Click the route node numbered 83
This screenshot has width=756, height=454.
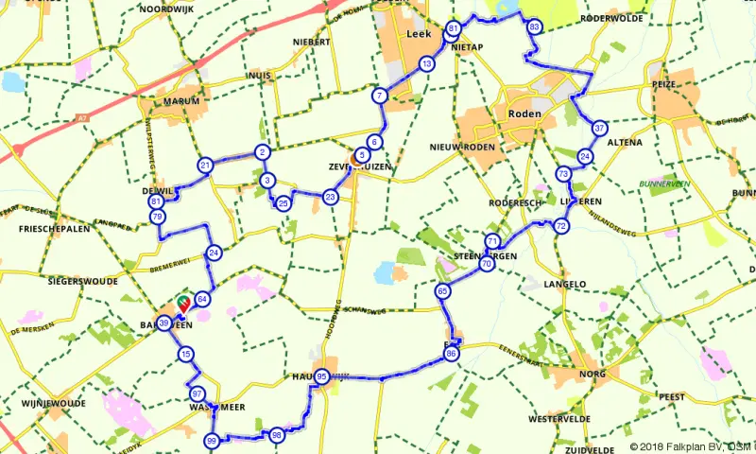535,26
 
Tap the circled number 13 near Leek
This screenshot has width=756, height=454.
427,63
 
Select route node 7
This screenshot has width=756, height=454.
379,95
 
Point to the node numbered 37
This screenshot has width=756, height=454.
599,128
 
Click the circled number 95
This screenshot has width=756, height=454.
323,376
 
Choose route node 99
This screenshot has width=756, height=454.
212,441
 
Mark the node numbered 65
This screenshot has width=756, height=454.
442,292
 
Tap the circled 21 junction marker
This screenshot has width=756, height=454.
204,166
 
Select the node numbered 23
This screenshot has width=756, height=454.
330,197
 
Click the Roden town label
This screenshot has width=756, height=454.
525,113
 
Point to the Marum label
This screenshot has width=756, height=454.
181,101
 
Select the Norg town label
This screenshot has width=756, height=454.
593,375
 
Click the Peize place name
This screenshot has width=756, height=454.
664,84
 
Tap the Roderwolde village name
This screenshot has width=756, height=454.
611,17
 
